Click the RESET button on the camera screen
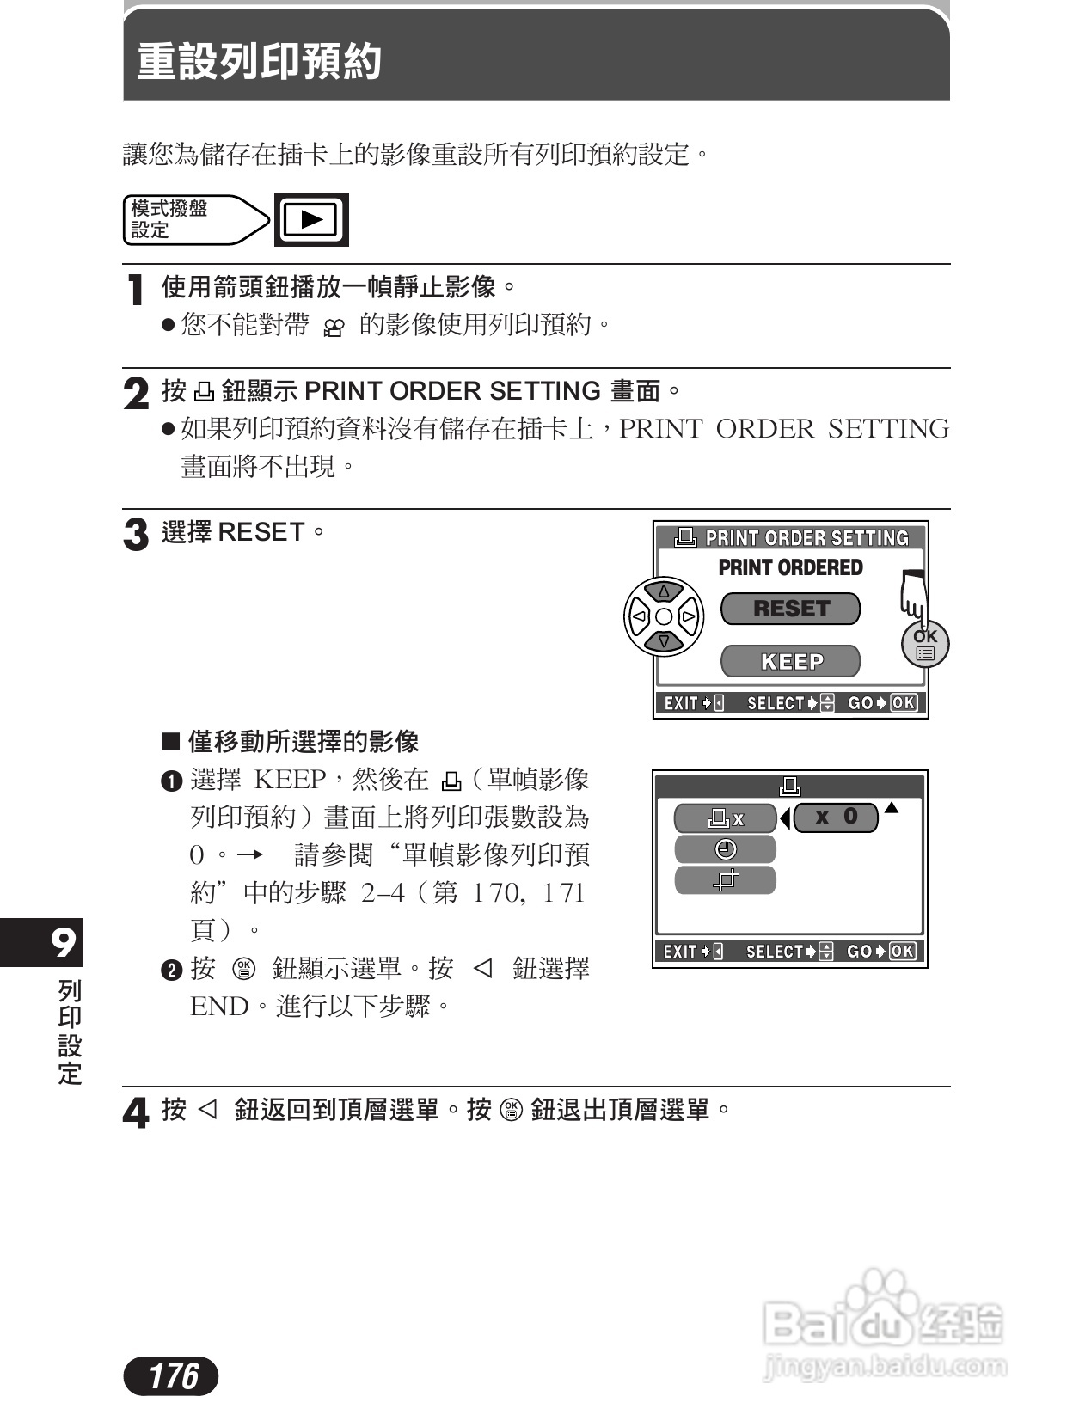pos(790,609)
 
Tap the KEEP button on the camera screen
pos(790,661)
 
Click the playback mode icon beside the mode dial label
pos(311,220)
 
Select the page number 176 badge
pos(172,1375)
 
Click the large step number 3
pos(136,535)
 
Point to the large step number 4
pos(136,1113)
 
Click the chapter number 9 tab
pos(62,943)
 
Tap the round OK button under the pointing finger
pos(925,644)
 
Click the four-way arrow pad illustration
pos(663,616)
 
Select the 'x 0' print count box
pos(836,817)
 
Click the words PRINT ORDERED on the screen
pos(790,567)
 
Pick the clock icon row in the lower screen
pos(726,849)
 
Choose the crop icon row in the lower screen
pos(726,879)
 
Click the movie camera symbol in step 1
pos(334,328)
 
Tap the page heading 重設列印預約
pos(260,62)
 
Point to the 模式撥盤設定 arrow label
pos(193,220)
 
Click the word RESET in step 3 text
pos(261,532)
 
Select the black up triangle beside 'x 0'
pos(892,807)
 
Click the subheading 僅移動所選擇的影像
pos(303,741)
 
